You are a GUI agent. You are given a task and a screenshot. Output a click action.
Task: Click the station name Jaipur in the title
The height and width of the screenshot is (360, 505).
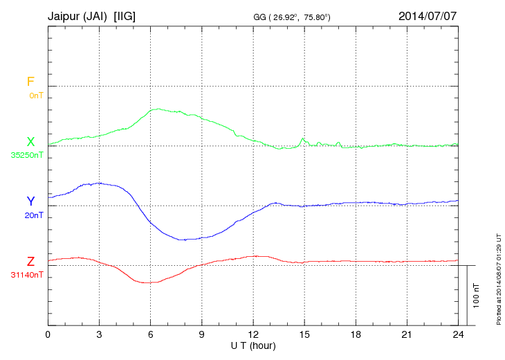coord(65,15)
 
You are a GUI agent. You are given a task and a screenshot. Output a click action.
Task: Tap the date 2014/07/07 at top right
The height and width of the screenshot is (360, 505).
coord(427,15)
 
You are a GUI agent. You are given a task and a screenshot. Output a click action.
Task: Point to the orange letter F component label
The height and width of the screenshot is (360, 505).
coord(30,82)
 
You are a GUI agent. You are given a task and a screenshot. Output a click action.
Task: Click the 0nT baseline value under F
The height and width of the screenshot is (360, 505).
coord(35,96)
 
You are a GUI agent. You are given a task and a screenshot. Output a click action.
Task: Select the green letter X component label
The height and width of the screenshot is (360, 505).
coord(30,142)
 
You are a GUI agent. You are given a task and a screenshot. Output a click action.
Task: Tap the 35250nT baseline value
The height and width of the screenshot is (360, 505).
coord(28,155)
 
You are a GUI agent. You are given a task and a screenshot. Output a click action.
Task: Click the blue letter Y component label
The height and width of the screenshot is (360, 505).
coord(30,201)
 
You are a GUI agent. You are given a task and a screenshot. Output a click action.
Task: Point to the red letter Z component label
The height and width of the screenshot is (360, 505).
coord(30,262)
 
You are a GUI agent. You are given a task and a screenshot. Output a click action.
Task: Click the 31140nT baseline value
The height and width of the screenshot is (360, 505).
coord(28,275)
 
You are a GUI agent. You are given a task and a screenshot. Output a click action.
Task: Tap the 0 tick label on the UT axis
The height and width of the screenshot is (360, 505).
coord(48,335)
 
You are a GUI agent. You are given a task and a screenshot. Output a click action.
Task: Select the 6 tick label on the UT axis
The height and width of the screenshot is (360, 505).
coord(150,335)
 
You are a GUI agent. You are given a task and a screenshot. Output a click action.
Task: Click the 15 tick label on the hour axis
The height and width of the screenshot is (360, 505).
coord(304,335)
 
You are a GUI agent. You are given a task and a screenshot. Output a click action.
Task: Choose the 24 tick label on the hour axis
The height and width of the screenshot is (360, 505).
coord(457,335)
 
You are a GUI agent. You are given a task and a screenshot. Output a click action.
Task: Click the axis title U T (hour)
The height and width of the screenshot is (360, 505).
coord(253,345)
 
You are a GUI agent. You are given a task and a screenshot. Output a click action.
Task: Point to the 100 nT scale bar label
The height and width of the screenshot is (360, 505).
coord(477,296)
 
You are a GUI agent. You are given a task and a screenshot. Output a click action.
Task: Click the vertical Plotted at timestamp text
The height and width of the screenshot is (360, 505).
coord(499,276)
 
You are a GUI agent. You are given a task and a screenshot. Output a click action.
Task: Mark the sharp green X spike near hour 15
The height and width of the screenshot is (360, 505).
coord(303,139)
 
